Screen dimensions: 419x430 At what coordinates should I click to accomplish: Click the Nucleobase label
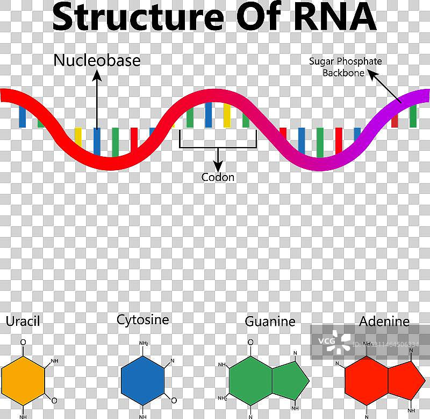coord(97,60)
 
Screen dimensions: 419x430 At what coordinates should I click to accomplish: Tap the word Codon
coord(218,177)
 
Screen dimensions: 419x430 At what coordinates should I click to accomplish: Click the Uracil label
coord(23,322)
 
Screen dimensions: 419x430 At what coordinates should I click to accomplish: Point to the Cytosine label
coord(142,319)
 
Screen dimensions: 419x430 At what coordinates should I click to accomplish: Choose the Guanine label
coord(270,322)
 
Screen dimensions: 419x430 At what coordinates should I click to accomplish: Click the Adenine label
coord(384,322)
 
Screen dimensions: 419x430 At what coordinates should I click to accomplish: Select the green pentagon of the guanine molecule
coord(291,380)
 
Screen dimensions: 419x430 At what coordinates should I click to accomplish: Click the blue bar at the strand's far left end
coord(22,116)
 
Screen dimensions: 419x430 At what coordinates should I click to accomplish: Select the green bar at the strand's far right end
coord(413,115)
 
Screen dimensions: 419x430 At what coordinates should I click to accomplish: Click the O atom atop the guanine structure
coord(250,342)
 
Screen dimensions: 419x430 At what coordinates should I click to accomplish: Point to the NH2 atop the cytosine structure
coord(144,343)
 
